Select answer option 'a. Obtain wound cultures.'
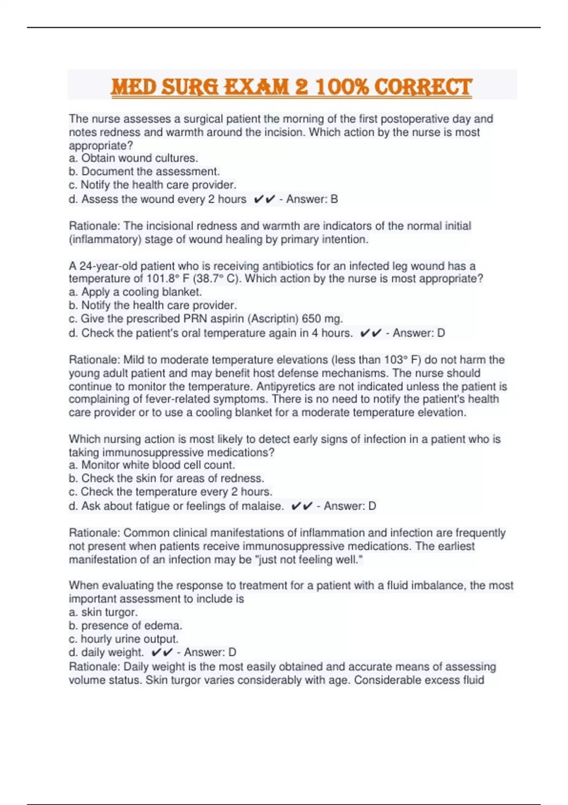click(x=133, y=158)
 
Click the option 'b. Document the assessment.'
click(x=144, y=171)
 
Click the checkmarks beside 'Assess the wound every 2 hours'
click(x=264, y=199)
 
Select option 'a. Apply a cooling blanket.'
click(x=135, y=292)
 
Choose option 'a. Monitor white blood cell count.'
click(x=151, y=465)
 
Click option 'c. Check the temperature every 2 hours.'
click(x=170, y=492)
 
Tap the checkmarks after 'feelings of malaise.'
click(x=302, y=506)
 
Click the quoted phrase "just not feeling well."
click(x=309, y=560)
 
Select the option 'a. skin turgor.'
click(x=103, y=612)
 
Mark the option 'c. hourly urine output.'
click(x=123, y=639)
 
